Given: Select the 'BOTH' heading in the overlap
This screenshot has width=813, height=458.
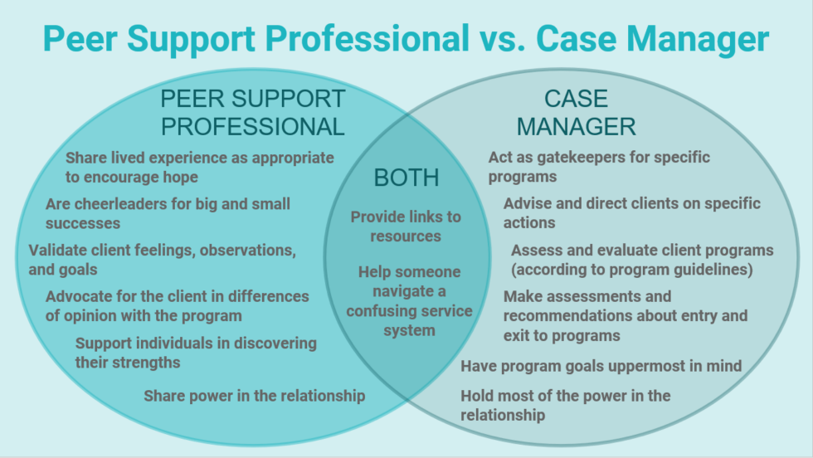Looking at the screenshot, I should [x=406, y=178].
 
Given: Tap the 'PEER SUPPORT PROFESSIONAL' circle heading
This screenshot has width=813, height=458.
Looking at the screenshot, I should [x=252, y=112].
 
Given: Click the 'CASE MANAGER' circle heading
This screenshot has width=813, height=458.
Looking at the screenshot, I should [x=577, y=112].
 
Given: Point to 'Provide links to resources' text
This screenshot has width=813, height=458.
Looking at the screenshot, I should [x=406, y=227].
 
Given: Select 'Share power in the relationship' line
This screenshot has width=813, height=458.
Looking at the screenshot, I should [x=254, y=396].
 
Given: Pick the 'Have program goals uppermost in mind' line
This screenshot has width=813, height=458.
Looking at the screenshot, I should [x=601, y=365].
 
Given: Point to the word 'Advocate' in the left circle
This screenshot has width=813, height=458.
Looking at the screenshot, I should [x=77, y=296].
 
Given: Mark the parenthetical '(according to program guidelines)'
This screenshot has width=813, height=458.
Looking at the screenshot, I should [x=631, y=270].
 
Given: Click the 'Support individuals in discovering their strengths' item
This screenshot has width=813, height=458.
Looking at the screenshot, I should [x=196, y=353].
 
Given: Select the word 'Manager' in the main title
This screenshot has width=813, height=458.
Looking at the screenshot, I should [x=696, y=39].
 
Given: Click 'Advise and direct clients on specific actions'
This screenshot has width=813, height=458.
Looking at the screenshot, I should [x=631, y=213].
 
